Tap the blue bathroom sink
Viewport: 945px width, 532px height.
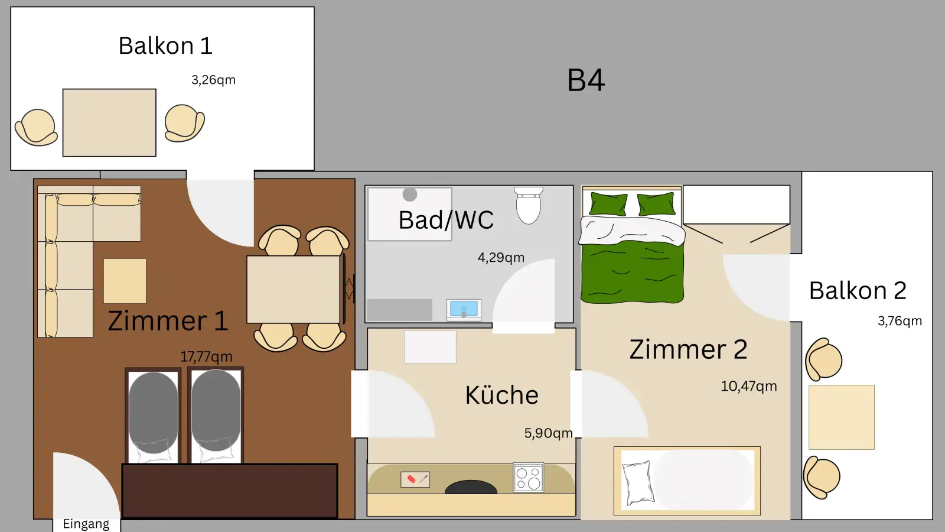click(x=464, y=309)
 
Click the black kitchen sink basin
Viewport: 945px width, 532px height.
click(x=471, y=488)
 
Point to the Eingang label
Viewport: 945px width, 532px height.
click(x=86, y=524)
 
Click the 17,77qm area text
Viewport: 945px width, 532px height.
click(x=206, y=357)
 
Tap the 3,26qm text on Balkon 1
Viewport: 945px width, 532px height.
click(x=213, y=80)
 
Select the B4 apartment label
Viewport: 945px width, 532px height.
click(x=586, y=80)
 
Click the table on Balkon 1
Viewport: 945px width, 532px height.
click(x=109, y=123)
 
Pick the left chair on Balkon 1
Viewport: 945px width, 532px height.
click(x=37, y=128)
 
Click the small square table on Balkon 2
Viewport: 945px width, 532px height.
click(x=841, y=417)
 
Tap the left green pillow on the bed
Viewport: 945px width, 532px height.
click(x=608, y=204)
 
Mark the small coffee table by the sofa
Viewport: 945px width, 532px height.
click(x=125, y=281)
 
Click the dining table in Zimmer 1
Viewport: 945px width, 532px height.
click(x=293, y=290)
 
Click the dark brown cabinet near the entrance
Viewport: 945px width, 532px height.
click(x=230, y=491)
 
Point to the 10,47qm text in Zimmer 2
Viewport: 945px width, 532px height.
click(x=748, y=387)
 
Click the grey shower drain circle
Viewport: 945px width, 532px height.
click(x=410, y=194)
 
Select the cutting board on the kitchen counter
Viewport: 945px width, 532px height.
click(x=415, y=479)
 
